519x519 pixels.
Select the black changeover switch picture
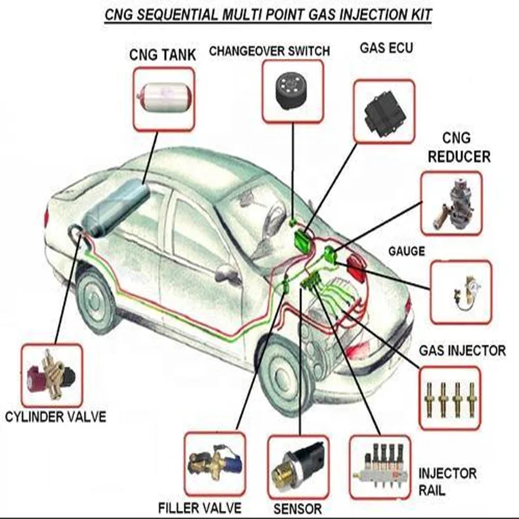coord(293,90)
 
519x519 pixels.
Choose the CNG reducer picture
coord(450,203)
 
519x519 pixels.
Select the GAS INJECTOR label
coord(462,351)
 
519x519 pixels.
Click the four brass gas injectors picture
coord(450,396)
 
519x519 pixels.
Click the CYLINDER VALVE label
coord(55,417)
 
